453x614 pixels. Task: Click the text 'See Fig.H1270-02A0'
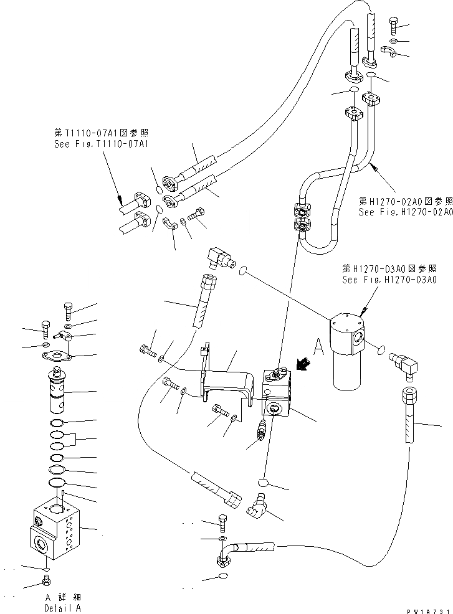pos(405,212)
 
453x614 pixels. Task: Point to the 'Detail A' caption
pos(62,608)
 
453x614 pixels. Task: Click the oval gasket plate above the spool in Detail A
pos(55,357)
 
